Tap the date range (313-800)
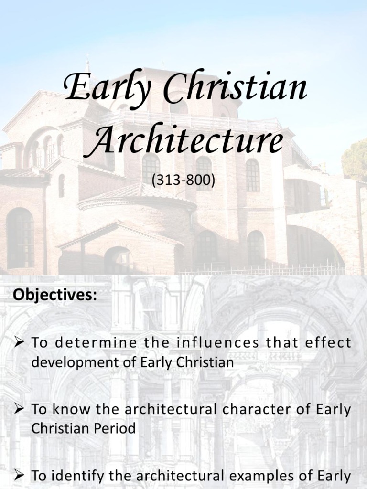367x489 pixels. coord(183,180)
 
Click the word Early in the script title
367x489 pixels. coord(104,88)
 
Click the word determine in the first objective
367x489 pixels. coord(84,343)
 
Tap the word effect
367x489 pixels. coord(328,343)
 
